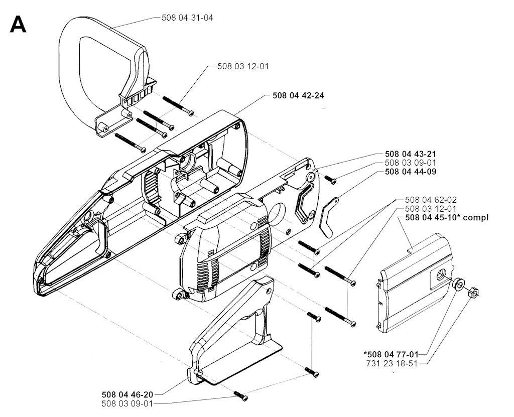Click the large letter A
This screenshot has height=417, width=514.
(x=18, y=24)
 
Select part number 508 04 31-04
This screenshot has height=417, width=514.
(x=187, y=18)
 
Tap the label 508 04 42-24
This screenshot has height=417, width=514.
(x=298, y=95)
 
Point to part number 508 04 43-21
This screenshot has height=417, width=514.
(x=411, y=154)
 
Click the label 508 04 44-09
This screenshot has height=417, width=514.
(x=411, y=172)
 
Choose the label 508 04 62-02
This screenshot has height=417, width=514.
(x=431, y=200)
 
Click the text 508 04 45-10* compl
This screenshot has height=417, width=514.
(x=447, y=218)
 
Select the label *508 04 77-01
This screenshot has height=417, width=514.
(x=391, y=354)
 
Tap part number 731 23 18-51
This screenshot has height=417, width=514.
(x=391, y=363)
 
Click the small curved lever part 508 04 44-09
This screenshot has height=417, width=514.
(x=328, y=217)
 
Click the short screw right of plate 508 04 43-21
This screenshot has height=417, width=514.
(x=331, y=179)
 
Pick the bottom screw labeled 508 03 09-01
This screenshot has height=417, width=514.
(x=240, y=396)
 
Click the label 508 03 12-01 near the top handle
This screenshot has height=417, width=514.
(x=243, y=67)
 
